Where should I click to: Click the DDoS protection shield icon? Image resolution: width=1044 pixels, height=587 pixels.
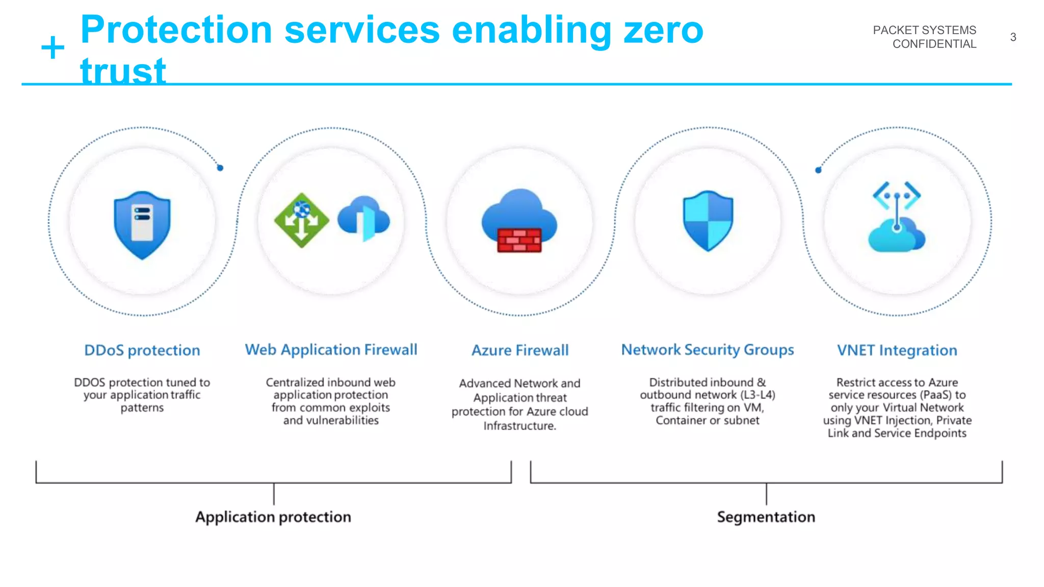(x=142, y=224)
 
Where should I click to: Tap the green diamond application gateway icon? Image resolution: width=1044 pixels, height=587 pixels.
(x=301, y=220)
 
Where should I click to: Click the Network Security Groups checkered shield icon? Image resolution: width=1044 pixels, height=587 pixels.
(x=708, y=220)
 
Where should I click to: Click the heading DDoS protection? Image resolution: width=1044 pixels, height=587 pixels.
(x=142, y=351)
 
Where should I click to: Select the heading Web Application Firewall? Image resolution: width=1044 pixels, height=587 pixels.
(x=331, y=350)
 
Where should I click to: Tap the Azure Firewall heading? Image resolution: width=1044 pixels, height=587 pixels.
(x=520, y=351)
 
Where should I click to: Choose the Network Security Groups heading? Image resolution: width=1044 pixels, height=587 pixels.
(x=708, y=350)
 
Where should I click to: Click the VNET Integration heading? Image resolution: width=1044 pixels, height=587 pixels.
(x=897, y=351)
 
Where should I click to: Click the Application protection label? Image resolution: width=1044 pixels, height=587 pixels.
(x=273, y=517)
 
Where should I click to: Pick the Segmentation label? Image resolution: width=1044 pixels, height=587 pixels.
(x=766, y=517)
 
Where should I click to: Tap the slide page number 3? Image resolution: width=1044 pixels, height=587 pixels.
(x=1013, y=37)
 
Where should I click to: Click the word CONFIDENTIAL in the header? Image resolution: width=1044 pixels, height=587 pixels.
(x=934, y=44)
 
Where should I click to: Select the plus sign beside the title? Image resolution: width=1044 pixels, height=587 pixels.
(x=53, y=48)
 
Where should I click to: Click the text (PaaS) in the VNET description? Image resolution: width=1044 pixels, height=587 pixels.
(x=936, y=395)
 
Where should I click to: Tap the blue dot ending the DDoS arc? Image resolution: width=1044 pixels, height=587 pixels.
(x=220, y=168)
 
